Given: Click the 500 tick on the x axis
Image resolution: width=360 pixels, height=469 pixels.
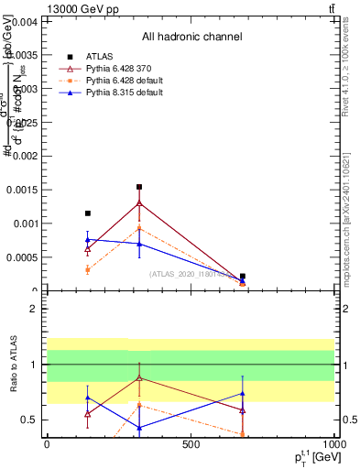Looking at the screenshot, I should [x=191, y=444].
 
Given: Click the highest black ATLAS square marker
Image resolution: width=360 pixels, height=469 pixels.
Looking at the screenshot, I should [x=139, y=187].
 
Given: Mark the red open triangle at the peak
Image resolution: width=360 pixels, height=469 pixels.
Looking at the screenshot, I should [x=139, y=203].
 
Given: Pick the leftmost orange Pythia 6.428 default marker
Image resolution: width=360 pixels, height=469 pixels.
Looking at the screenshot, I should [x=88, y=269].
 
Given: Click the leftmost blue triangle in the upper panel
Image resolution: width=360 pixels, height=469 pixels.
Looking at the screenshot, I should [x=88, y=239].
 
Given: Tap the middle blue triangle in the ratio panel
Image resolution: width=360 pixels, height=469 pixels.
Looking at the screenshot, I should [x=139, y=428].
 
